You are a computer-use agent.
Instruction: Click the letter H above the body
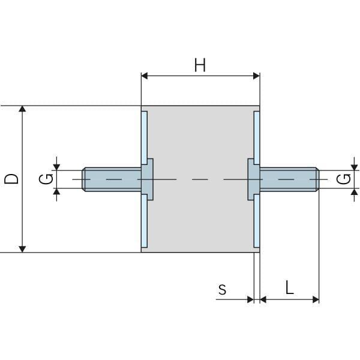point(200,65)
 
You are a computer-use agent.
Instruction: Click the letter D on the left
point(11,178)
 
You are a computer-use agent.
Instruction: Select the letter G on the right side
point(343,179)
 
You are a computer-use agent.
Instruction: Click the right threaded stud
point(288,179)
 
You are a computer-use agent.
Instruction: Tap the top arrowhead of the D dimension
point(23,110)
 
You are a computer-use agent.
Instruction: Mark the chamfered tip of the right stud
point(316,179)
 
